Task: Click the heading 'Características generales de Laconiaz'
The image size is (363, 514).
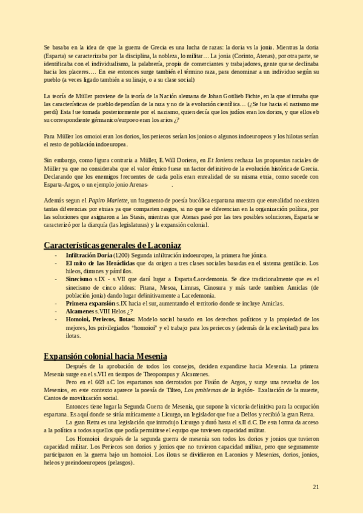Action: (x=112, y=245)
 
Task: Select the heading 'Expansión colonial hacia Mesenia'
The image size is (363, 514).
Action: (x=106, y=356)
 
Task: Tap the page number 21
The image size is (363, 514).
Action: (x=316, y=487)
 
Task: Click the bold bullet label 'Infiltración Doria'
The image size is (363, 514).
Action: (x=87, y=256)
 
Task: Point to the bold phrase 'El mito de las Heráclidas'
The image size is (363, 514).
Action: (x=100, y=264)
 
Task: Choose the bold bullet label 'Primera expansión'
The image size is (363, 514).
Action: (x=90, y=303)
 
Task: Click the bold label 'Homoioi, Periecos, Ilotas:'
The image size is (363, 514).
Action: (x=100, y=319)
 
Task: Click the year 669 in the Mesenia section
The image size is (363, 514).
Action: (x=102, y=382)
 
